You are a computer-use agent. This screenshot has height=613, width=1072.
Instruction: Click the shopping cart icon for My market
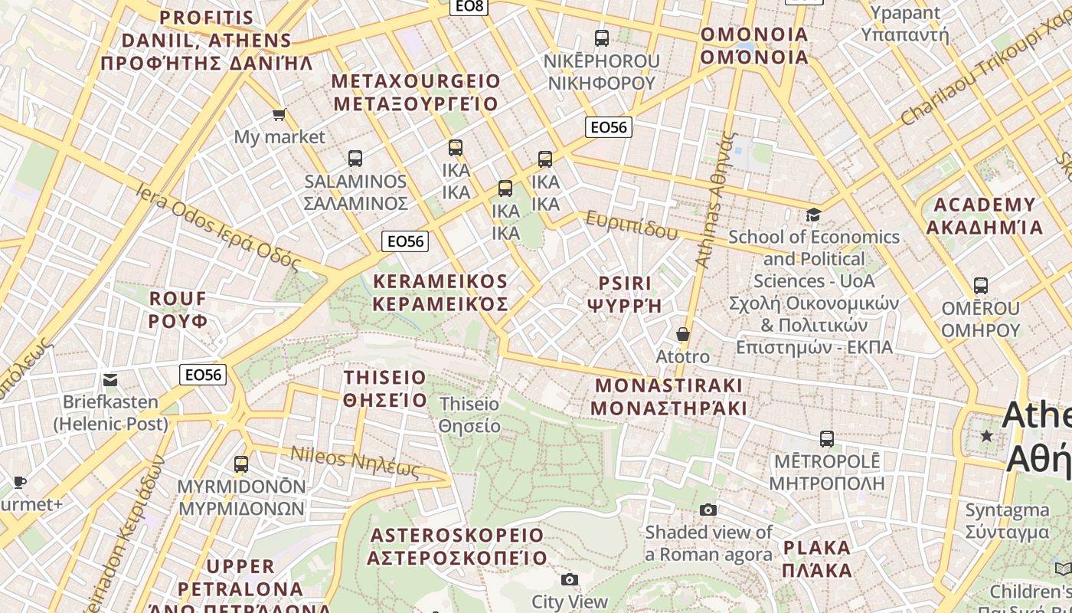coord(279,115)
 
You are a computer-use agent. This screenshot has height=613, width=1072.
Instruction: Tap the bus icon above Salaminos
coord(355,159)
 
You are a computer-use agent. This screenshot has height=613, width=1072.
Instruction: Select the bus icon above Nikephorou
coord(602,38)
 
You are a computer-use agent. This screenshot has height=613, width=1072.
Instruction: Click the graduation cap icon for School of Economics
coord(813,215)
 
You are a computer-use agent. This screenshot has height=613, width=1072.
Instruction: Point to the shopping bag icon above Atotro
coord(682,334)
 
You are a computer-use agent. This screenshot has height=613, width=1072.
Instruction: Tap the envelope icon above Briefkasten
coord(110,379)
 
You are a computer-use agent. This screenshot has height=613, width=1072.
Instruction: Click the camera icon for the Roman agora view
coord(708,510)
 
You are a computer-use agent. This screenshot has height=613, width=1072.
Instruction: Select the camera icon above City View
coord(569,579)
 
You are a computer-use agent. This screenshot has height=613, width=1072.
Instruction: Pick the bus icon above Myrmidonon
coord(241,464)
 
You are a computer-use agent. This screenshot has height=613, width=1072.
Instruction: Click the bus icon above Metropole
coord(826,439)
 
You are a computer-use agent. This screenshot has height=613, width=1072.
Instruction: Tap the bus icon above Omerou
coord(981,286)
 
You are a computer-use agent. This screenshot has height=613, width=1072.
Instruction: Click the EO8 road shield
coord(469,6)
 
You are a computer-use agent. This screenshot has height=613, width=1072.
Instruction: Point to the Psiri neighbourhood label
coord(624,293)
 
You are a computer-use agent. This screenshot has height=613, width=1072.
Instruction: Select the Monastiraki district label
coord(668,396)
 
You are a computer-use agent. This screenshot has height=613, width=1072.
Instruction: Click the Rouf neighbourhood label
coord(178,309)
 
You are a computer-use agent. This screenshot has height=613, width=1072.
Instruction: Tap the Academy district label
coord(984,216)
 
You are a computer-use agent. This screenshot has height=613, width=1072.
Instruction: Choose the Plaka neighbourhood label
coord(817,559)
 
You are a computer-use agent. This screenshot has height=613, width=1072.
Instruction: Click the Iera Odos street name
coord(218,226)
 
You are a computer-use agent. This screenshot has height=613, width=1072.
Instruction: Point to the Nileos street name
coord(355,462)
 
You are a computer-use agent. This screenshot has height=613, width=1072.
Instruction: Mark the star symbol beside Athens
coord(987,436)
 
